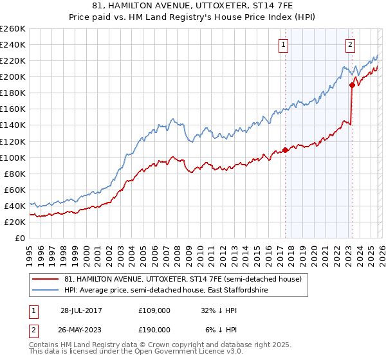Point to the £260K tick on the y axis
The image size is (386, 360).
pyautogui.click(x=13, y=29)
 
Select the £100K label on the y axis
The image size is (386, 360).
pyautogui.click(x=13, y=157)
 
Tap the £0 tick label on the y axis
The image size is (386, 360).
pyautogui.click(x=19, y=238)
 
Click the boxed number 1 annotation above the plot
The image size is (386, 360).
pyautogui.click(x=284, y=44)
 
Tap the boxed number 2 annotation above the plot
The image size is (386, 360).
pyautogui.click(x=350, y=44)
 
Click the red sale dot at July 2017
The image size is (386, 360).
pyautogui.click(x=285, y=150)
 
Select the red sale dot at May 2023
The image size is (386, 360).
pyautogui.click(x=352, y=85)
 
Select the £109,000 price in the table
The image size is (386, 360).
pyautogui.click(x=154, y=310)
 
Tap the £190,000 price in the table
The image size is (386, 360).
pyautogui.click(x=154, y=330)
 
